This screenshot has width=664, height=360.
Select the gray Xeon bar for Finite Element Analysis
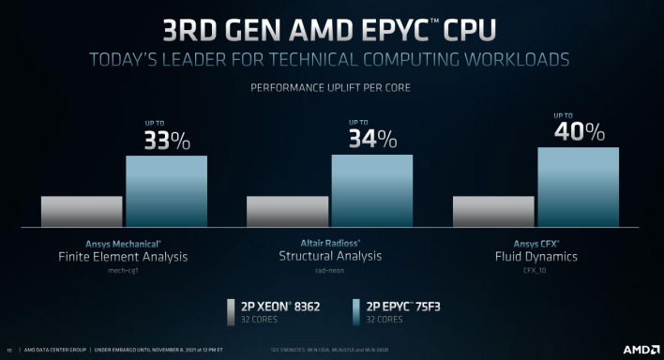82,211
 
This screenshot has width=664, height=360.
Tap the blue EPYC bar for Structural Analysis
371,190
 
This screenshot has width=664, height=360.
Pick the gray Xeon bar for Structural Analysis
287,211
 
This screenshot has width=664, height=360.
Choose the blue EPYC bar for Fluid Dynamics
578,187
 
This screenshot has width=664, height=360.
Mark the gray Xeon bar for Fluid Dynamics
493,211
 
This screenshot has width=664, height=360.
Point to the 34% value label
372,142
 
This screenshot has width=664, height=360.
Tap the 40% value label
578,132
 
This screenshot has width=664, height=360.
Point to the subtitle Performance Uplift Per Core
331,89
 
